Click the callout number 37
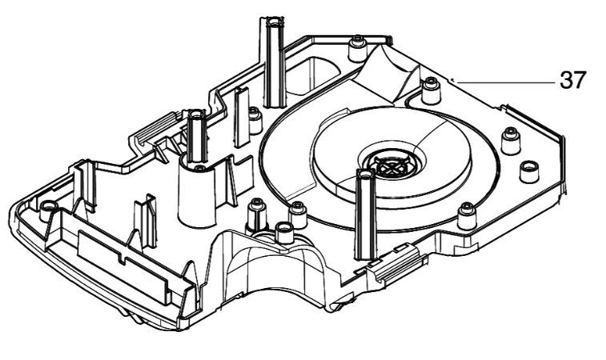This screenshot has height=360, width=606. [573, 80]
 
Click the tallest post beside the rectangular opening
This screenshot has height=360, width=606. [274, 62]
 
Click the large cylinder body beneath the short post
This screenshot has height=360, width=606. [197, 195]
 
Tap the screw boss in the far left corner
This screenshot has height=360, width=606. [48, 210]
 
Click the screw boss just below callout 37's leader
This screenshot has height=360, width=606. [431, 90]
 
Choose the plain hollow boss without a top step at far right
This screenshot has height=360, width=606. [529, 172]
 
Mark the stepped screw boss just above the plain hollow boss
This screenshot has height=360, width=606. [511, 141]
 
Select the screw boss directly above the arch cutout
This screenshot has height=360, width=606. [284, 232]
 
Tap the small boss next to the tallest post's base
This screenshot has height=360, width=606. [255, 120]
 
